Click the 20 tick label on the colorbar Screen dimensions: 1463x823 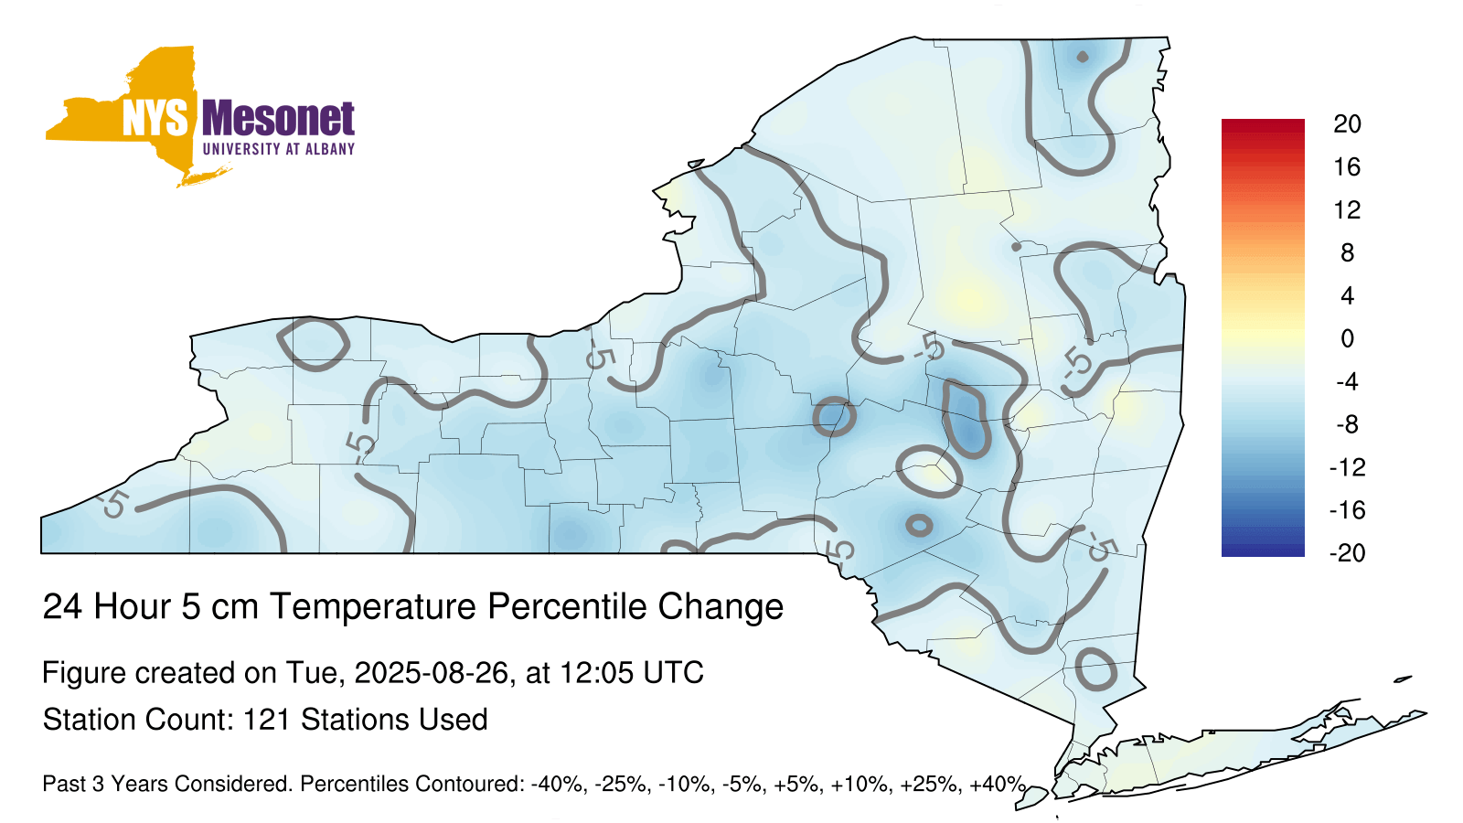click(x=1347, y=124)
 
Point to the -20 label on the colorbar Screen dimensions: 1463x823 click(x=1347, y=553)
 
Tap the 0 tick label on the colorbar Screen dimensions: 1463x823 click(x=1348, y=338)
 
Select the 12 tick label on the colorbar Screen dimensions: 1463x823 click(x=1347, y=209)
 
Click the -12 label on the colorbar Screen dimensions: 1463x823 click(x=1347, y=467)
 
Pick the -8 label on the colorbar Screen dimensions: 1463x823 click(x=1347, y=424)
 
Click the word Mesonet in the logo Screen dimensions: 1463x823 click(x=278, y=119)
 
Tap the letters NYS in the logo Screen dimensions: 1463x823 click(x=155, y=119)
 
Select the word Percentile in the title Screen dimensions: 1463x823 click(x=568, y=606)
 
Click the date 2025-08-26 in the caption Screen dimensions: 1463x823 click(x=431, y=673)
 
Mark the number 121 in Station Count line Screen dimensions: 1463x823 click(x=266, y=720)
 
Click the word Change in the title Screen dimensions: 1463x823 click(x=721, y=607)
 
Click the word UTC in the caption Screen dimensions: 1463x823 click(x=673, y=673)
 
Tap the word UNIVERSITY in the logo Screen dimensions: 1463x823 click(x=241, y=149)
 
